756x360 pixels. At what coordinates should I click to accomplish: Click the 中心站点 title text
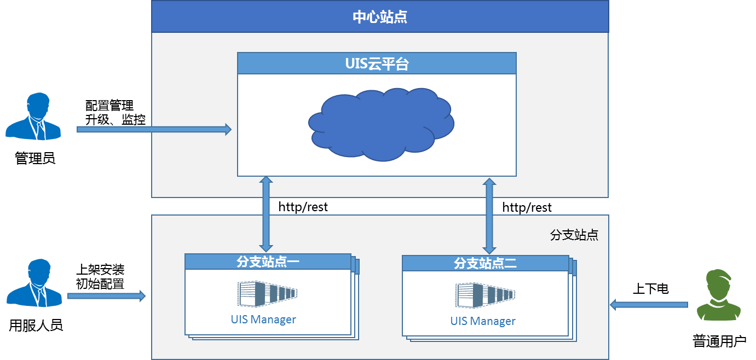tap(380, 16)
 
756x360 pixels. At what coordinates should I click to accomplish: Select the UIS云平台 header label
tap(377, 63)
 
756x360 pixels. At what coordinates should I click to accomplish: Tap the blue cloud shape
tap(381, 125)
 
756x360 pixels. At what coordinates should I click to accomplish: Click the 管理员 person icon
tap(33, 116)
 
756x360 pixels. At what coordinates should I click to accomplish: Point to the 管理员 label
tap(35, 158)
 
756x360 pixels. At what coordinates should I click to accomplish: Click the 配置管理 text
tap(109, 106)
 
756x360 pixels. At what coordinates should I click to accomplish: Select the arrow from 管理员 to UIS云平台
tap(154, 129)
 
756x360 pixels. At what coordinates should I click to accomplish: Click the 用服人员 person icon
tap(34, 283)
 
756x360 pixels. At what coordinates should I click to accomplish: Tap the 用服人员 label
tap(36, 325)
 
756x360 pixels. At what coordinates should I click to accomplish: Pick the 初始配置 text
tap(100, 284)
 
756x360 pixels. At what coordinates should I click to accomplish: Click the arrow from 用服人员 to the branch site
tap(106, 296)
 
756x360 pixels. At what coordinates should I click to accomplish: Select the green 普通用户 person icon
tap(719, 294)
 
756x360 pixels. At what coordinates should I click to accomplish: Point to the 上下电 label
tap(650, 288)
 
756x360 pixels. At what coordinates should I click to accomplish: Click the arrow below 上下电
tap(649, 305)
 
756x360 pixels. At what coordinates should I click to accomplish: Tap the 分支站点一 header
tap(268, 262)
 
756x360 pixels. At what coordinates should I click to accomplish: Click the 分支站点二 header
tap(486, 263)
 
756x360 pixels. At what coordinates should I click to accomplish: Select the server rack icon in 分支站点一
tap(267, 294)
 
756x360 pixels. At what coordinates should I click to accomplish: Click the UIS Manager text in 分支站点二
tap(483, 321)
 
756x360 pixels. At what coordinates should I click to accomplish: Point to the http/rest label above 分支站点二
tap(527, 207)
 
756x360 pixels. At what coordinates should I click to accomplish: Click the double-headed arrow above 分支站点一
tap(266, 214)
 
